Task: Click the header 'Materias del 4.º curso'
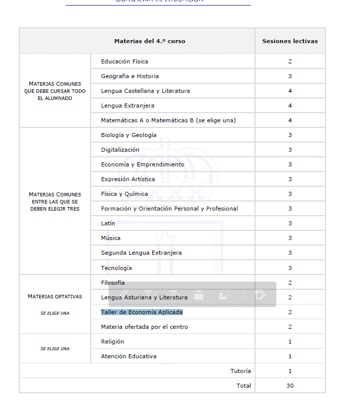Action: (x=150, y=41)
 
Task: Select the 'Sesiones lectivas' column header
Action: (x=290, y=41)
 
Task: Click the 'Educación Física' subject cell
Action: (x=125, y=61)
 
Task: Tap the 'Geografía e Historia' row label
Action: (x=130, y=76)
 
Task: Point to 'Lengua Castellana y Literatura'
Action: (x=146, y=91)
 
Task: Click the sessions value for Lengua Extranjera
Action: (x=290, y=106)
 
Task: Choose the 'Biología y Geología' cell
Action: (x=129, y=135)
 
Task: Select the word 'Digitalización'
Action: (x=120, y=150)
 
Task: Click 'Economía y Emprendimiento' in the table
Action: (x=142, y=164)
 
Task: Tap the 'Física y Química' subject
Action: (x=125, y=194)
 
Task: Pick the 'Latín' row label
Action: (x=108, y=223)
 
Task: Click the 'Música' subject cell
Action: (x=111, y=238)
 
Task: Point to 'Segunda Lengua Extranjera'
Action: (x=141, y=253)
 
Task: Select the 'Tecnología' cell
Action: (x=116, y=267)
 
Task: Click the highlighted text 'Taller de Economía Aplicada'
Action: (x=142, y=312)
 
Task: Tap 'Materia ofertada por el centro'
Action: (x=145, y=327)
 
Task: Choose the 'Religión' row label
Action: (x=113, y=342)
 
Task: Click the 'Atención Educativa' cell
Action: (x=129, y=356)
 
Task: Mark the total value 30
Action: (x=290, y=386)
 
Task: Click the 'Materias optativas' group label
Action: (x=55, y=296)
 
